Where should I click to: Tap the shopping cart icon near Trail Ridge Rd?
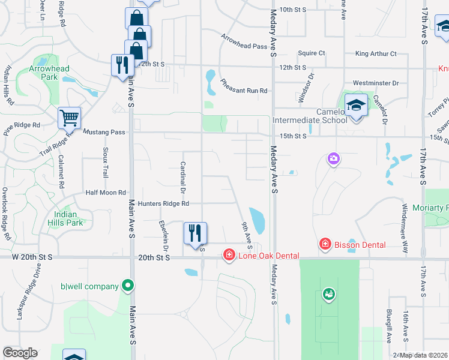pos(69,118)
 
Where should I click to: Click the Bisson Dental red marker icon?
pos(325,245)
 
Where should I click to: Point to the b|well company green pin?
pos(127,286)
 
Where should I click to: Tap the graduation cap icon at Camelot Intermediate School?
pos(356,105)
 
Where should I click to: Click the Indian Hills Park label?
pos(65,218)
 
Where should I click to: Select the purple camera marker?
pos(333,159)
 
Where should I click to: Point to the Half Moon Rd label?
pos(106,193)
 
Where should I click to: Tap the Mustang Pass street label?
pos(104,131)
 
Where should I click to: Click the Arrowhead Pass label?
pos(244,41)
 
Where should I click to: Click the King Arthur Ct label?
pos(376,53)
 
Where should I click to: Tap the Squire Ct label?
pos(311,53)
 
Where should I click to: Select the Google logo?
pos(20,353)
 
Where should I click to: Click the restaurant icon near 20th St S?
pos(194,233)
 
